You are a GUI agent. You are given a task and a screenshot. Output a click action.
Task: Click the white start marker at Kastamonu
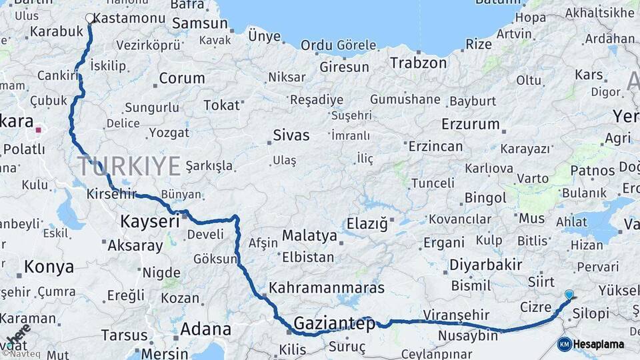[x=90, y=18]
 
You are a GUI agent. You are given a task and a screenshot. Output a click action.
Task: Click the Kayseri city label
[x=150, y=221]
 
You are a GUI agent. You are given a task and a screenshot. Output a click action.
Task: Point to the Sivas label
[x=291, y=135]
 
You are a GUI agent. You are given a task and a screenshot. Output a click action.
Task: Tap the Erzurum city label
[x=470, y=124]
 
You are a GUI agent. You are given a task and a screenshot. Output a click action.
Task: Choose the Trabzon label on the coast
[x=418, y=63]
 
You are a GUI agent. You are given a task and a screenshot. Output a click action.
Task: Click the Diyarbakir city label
[x=485, y=265]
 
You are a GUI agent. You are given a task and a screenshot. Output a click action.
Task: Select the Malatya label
[x=309, y=235]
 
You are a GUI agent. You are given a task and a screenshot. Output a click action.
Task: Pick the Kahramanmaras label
[x=327, y=288]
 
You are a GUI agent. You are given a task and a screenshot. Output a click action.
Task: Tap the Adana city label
[x=205, y=329]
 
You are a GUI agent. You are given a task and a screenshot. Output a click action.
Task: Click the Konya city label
[x=49, y=267]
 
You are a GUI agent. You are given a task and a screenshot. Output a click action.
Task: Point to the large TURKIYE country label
[x=129, y=166]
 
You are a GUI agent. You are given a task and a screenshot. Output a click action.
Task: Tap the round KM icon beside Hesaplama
[x=564, y=344]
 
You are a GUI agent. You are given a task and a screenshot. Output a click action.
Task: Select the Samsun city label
[x=199, y=23]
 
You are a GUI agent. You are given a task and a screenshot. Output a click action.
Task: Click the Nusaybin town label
[x=468, y=335]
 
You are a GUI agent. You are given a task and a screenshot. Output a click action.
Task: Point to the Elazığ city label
[x=367, y=224]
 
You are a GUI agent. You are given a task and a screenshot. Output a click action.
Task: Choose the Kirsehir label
[x=111, y=194]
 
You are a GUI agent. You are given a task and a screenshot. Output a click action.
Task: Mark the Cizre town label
[x=535, y=307]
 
